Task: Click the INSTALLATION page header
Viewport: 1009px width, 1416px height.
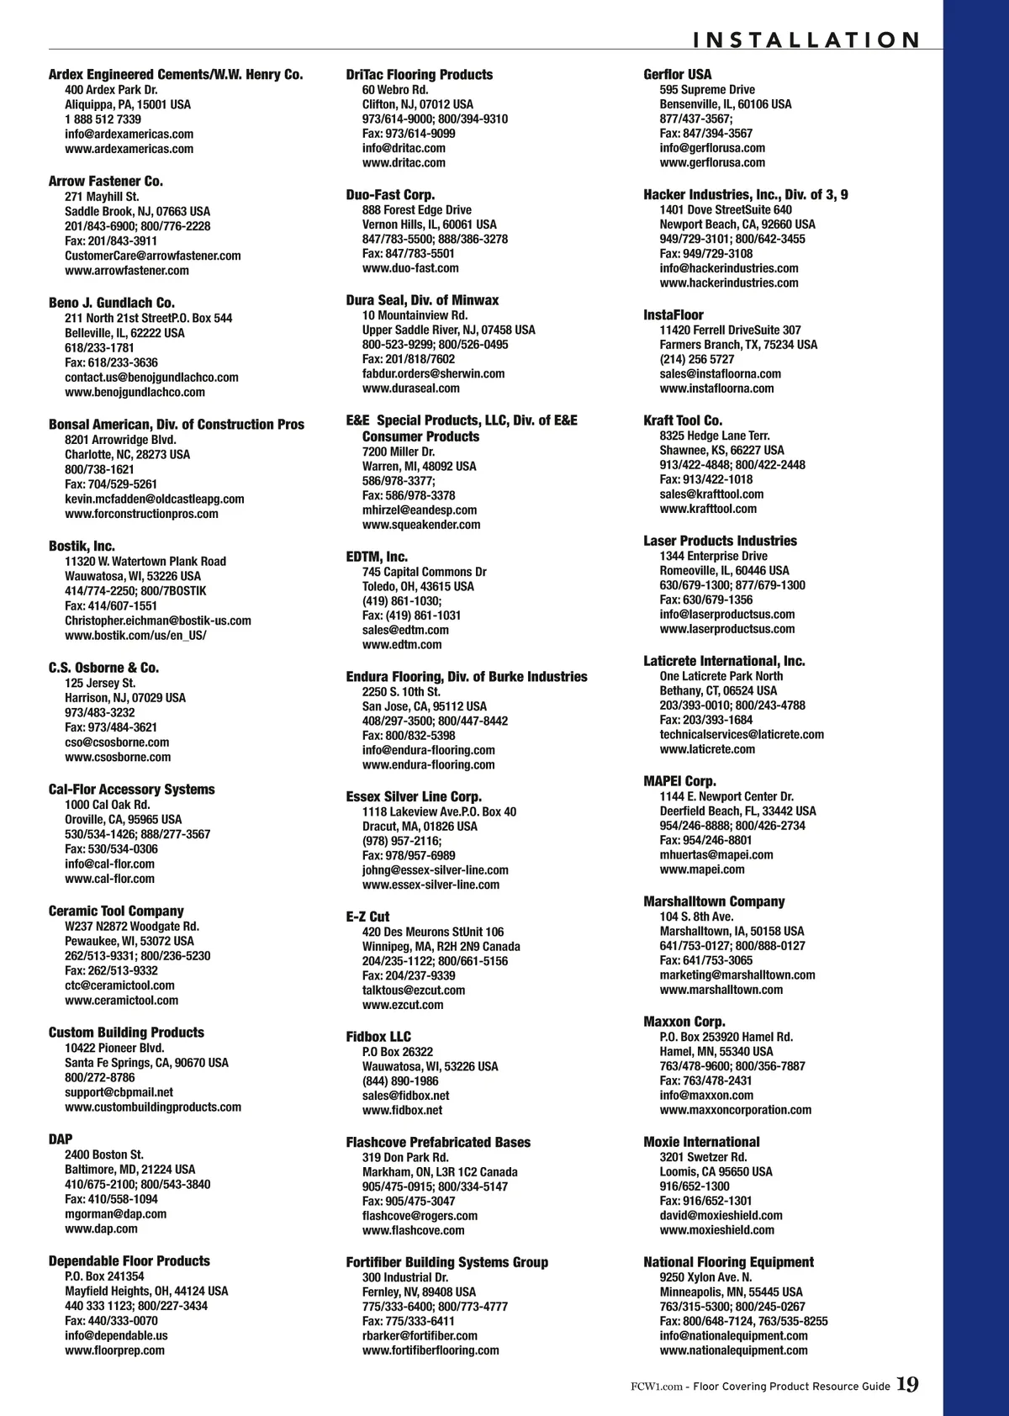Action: [806, 40]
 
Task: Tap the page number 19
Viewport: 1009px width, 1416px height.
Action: [907, 1385]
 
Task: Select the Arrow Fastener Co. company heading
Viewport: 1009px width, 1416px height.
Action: [106, 181]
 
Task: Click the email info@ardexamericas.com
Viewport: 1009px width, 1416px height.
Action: [129, 134]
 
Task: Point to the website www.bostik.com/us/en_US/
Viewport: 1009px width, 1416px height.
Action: [135, 635]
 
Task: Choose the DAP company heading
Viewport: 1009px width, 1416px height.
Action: [61, 1139]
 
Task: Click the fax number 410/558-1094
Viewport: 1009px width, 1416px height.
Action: [111, 1199]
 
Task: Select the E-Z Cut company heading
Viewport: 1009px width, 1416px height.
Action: [367, 917]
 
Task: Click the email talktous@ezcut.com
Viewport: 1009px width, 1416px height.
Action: [414, 990]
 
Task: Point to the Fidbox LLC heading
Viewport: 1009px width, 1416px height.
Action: [378, 1037]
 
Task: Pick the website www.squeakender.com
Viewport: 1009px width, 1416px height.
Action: [421, 525]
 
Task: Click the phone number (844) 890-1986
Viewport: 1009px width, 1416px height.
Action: [400, 1081]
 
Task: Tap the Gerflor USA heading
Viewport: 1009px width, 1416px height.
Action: [677, 75]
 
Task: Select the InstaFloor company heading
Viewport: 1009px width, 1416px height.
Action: [674, 314]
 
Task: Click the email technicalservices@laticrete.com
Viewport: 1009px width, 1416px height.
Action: [742, 734]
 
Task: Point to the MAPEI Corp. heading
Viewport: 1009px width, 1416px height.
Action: [679, 781]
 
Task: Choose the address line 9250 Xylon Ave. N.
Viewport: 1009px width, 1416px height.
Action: [705, 1277]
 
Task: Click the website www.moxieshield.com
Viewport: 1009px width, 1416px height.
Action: [716, 1230]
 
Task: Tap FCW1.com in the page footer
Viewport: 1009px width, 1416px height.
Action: [656, 1387]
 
